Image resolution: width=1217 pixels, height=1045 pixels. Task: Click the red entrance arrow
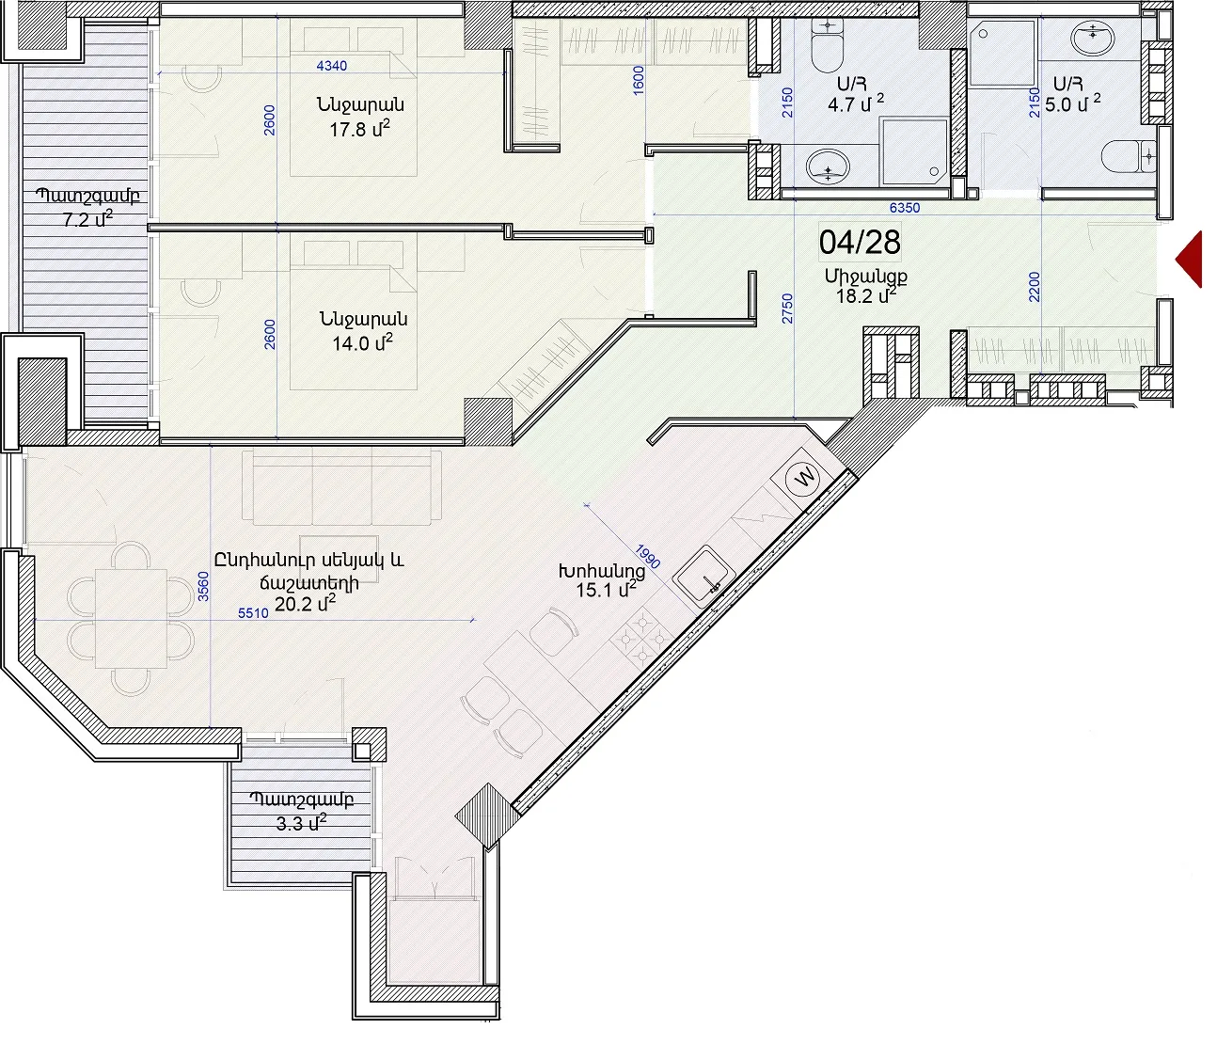click(1190, 260)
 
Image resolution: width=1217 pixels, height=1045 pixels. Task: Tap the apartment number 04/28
click(860, 243)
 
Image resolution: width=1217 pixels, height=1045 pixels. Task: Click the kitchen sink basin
click(704, 576)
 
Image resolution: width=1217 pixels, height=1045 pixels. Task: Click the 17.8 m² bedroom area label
click(360, 128)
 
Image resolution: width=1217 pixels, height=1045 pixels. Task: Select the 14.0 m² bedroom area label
click(362, 342)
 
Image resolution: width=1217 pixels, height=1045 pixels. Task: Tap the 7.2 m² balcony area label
click(87, 219)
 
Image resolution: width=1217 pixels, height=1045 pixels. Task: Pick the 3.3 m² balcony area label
click(301, 822)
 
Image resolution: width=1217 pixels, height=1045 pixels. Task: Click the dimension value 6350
click(905, 208)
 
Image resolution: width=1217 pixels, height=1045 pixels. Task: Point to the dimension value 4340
click(331, 65)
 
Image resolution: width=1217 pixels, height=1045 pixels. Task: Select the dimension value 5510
click(253, 613)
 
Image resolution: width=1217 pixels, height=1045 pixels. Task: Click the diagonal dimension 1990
click(648, 556)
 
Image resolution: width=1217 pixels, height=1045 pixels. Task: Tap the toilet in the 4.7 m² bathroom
click(828, 43)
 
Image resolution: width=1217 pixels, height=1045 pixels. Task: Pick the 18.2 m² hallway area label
click(865, 295)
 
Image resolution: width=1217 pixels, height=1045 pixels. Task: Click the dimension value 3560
click(203, 586)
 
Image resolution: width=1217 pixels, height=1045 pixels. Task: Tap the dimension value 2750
click(787, 309)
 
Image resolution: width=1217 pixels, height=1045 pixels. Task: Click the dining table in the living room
click(131, 618)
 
